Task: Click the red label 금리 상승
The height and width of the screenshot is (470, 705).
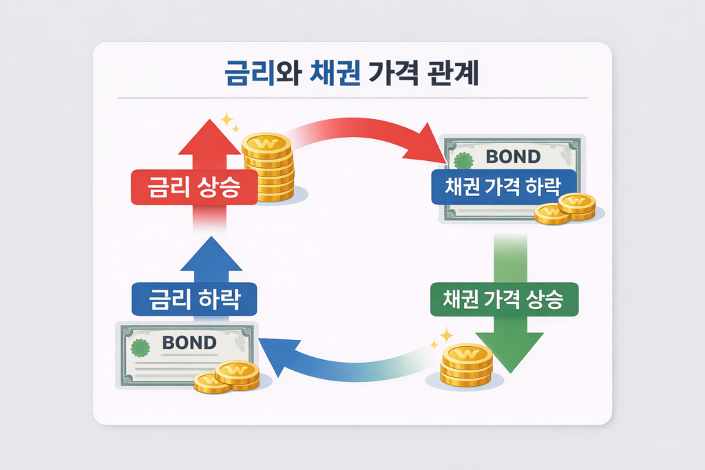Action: (x=194, y=187)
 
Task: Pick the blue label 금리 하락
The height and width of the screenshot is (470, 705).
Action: (x=194, y=301)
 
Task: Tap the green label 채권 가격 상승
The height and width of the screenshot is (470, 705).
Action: (x=505, y=300)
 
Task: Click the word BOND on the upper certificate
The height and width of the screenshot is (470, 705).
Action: (x=513, y=157)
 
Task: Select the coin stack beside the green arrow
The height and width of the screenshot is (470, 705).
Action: (x=467, y=367)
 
